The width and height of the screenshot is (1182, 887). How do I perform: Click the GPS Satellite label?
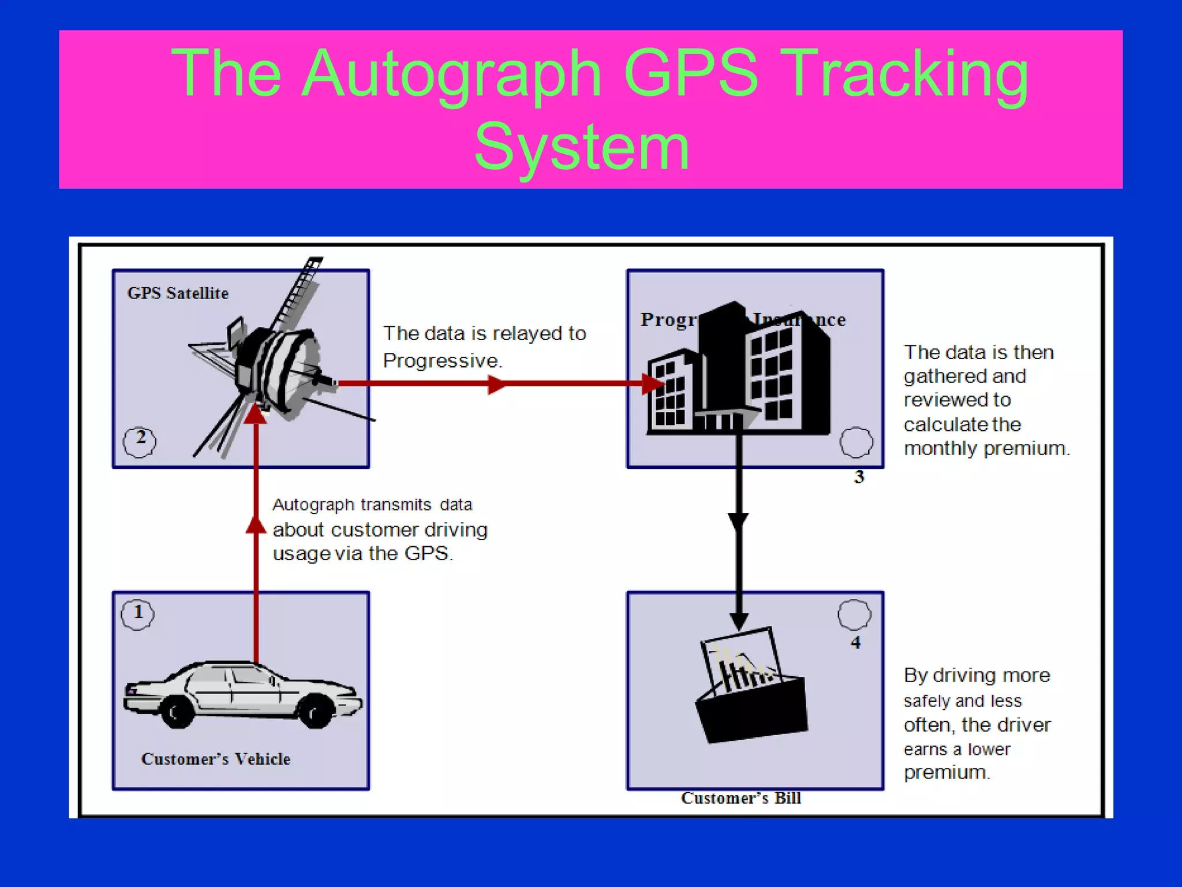[x=178, y=293]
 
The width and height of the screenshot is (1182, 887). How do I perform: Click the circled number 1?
[x=138, y=613]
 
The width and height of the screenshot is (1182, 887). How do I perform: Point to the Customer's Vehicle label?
[x=215, y=759]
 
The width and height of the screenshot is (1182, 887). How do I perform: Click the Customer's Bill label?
[x=740, y=798]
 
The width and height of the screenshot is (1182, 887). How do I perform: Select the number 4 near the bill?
[x=855, y=643]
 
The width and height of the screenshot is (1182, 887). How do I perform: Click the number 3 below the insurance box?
[x=859, y=477]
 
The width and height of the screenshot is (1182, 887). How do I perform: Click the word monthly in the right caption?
[x=941, y=449]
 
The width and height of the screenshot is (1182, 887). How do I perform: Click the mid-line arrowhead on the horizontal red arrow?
[x=496, y=383]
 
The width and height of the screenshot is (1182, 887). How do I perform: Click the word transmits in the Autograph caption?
[x=395, y=505]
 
